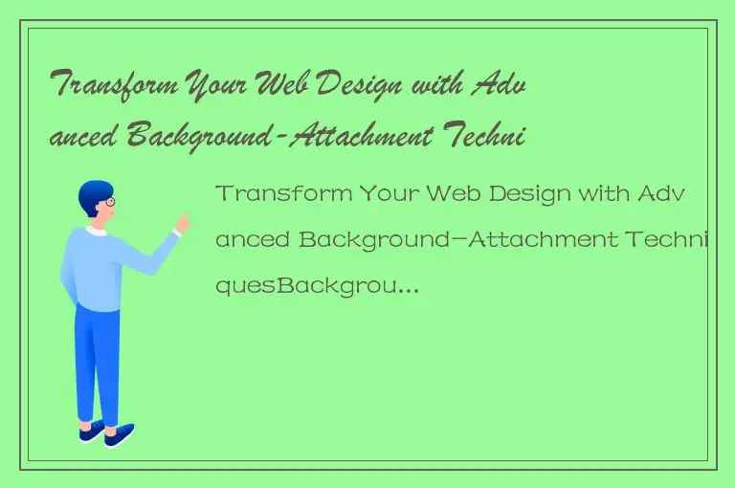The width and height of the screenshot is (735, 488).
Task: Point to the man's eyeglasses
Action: tap(108, 204)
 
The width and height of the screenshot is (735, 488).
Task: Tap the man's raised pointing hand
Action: tap(181, 224)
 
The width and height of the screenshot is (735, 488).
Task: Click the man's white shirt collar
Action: tap(96, 231)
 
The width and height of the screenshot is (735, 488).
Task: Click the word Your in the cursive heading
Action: tap(214, 87)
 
